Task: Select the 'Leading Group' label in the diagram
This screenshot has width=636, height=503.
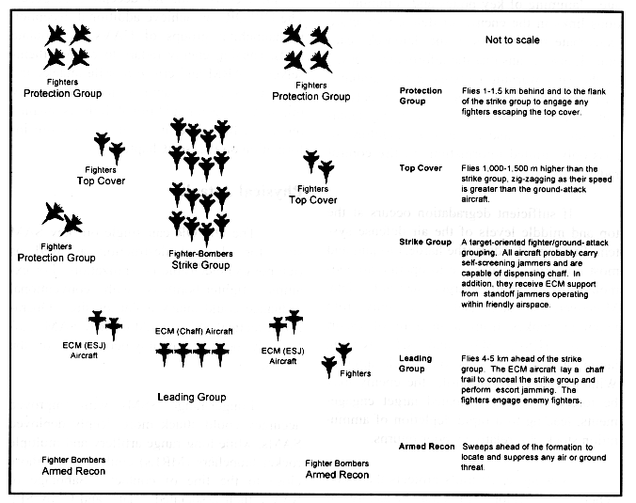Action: coord(191,397)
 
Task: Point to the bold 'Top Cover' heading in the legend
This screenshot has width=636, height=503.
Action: coord(421,169)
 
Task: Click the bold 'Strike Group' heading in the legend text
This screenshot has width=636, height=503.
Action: coord(425,242)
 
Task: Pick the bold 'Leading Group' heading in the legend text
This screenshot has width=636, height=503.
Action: coord(415,363)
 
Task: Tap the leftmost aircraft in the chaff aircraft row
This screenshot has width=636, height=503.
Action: coord(167,354)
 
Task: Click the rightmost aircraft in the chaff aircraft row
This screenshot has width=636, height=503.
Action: coord(220,354)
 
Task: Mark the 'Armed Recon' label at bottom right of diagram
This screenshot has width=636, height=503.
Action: coord(337,475)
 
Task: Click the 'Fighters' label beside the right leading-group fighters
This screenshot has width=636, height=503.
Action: coord(355,373)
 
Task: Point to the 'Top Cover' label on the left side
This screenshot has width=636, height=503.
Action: coord(101,181)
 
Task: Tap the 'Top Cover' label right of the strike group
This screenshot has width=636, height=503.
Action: coord(313,200)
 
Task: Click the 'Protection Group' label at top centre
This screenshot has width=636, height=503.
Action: coord(310,96)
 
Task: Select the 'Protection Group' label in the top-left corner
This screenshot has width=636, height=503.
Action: coord(63,93)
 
